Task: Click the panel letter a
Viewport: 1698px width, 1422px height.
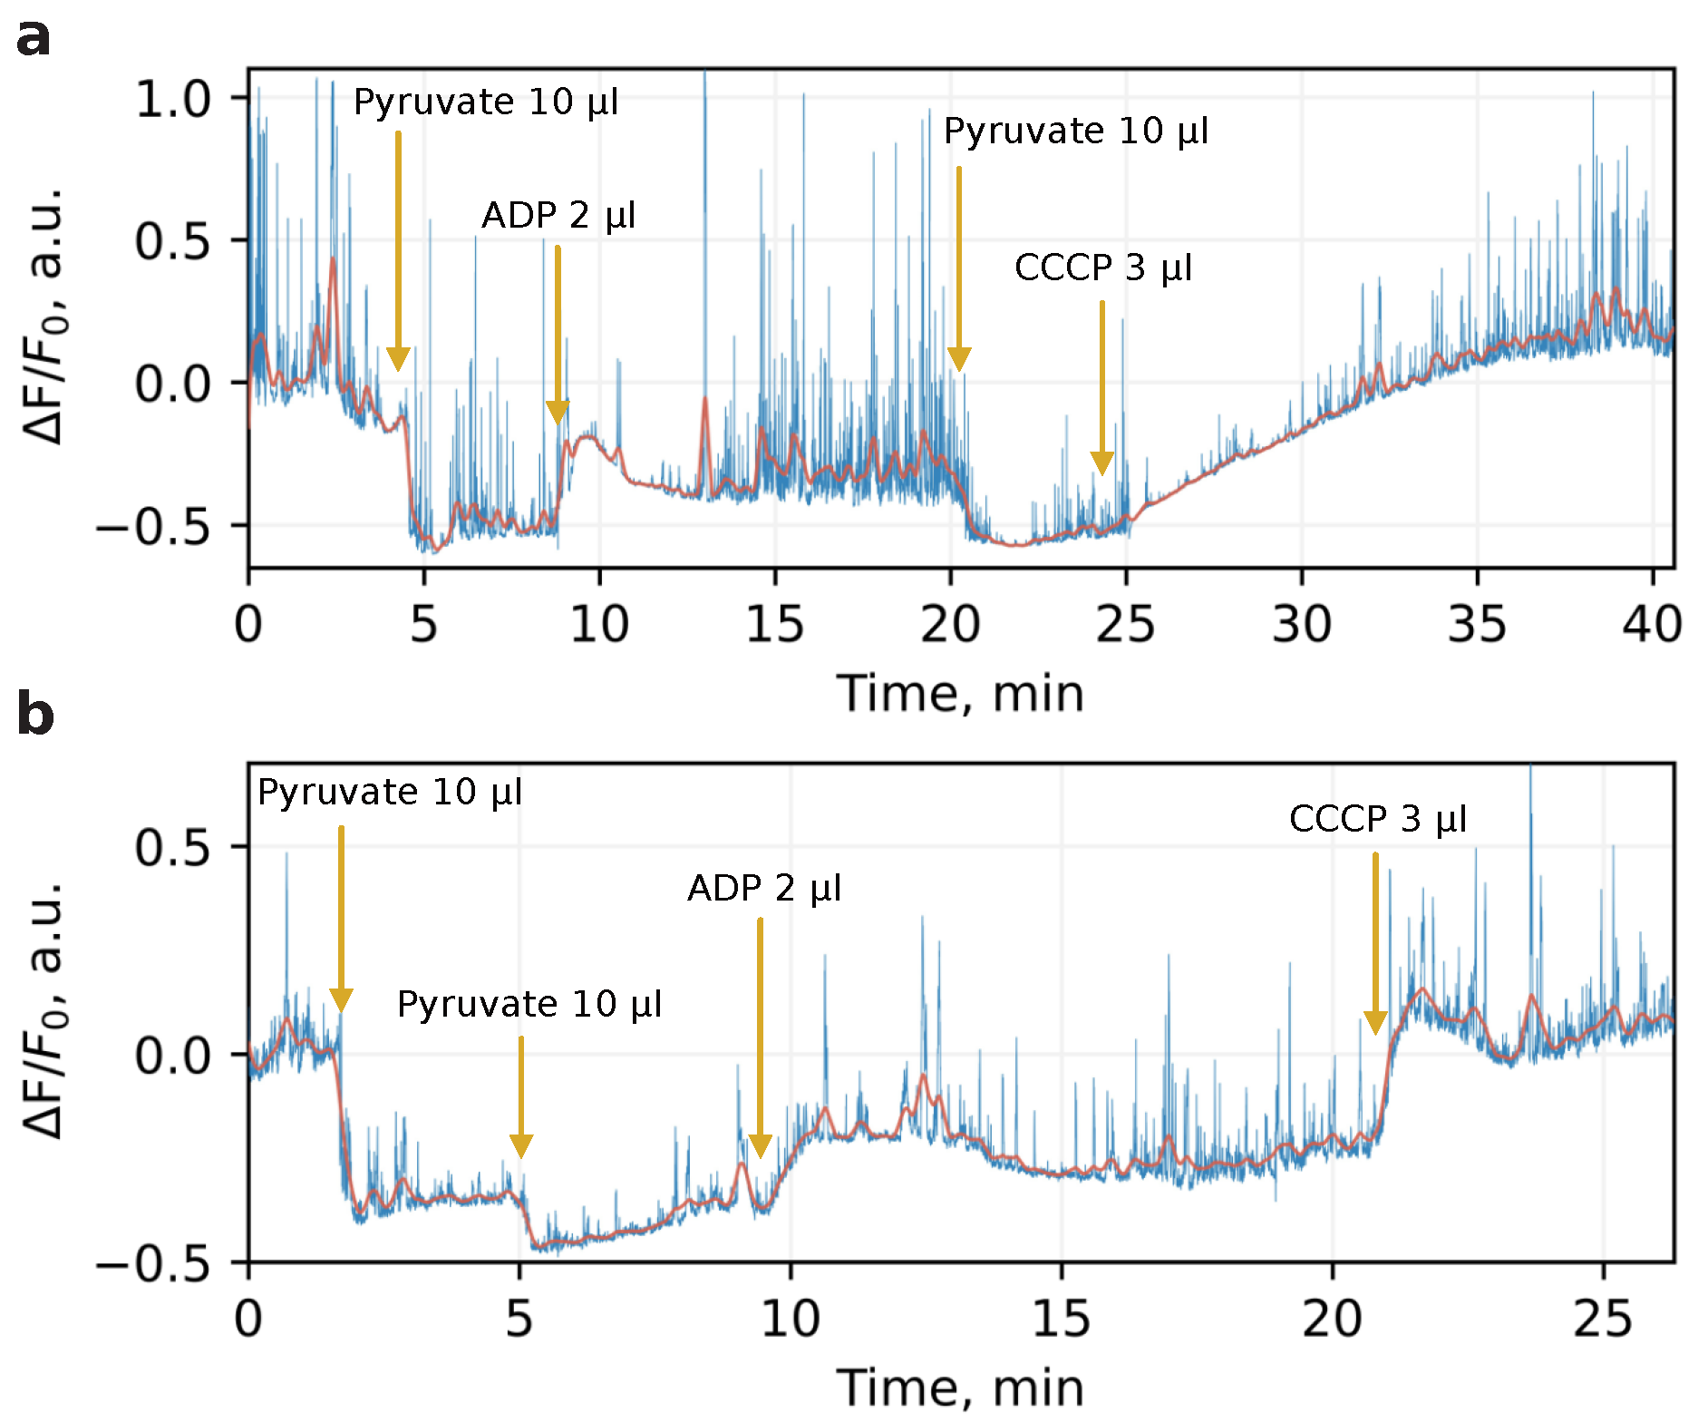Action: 34,38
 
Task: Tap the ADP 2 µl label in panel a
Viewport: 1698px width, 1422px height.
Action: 558,216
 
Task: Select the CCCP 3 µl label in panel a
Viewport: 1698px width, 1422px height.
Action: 1102,268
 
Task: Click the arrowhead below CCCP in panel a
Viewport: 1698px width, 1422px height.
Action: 1101,463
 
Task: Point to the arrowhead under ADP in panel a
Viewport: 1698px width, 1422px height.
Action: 558,412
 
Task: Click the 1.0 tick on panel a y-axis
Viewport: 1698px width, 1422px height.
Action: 172,99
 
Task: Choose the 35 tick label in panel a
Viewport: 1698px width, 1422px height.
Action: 1477,625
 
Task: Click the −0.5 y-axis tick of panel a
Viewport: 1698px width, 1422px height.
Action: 153,527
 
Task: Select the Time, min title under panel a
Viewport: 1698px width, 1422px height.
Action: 960,695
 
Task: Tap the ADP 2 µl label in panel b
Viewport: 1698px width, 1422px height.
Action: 764,889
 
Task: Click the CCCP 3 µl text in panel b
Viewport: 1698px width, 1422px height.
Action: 1377,820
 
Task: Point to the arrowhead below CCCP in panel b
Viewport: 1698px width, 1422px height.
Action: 1375,1022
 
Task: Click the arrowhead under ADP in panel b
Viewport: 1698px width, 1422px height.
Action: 760,1145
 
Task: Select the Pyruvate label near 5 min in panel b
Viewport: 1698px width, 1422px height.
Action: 529,1005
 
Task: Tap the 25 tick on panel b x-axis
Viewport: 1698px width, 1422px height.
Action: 1603,1319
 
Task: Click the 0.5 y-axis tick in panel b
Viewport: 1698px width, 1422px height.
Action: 172,848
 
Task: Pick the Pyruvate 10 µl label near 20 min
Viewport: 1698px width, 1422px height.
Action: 1076,131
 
